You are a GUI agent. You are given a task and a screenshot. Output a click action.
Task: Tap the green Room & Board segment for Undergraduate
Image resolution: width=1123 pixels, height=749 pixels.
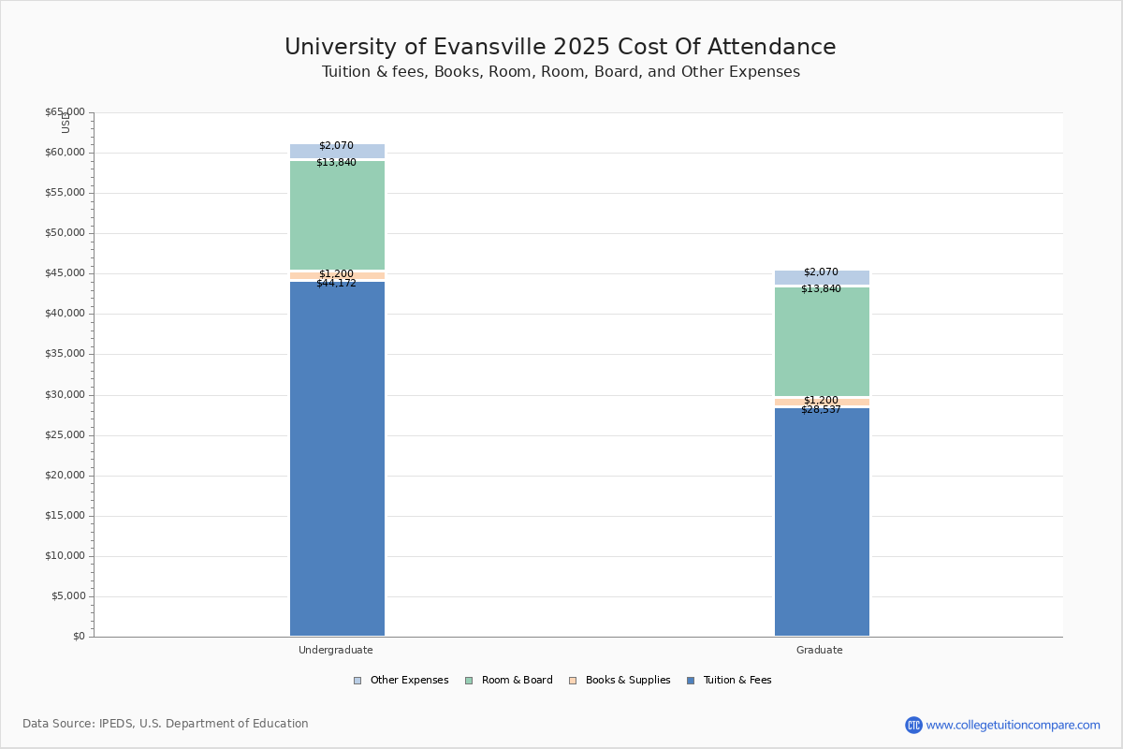[x=337, y=215]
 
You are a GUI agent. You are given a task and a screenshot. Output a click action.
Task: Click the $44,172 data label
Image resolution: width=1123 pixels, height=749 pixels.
[x=336, y=283]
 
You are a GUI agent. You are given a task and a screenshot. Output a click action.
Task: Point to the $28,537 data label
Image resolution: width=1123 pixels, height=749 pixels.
[x=821, y=409]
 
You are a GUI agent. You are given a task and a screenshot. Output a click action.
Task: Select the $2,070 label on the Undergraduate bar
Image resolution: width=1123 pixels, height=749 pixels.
[x=336, y=146]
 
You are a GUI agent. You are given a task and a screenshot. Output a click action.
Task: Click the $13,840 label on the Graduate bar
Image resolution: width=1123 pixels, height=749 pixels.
[x=821, y=289]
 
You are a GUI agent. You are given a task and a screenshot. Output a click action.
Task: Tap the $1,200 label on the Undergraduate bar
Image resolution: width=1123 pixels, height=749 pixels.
[x=336, y=274]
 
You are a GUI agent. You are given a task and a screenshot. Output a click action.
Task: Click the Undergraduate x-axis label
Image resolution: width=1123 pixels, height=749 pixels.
[x=336, y=650]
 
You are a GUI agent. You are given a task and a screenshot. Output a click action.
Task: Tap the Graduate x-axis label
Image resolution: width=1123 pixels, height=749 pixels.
[x=820, y=650]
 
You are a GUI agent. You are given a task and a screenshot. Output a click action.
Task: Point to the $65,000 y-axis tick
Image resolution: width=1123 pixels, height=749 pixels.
[x=65, y=112]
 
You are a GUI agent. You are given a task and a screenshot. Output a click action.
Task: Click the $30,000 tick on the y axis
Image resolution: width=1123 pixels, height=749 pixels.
[x=65, y=395]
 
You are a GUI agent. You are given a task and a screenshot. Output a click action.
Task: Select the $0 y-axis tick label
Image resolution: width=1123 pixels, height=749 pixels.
[x=78, y=637]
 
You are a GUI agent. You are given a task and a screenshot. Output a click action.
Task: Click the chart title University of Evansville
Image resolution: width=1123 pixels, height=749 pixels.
[x=560, y=48]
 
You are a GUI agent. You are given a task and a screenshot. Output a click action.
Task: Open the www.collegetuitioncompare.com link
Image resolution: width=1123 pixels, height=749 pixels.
[x=1013, y=725]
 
